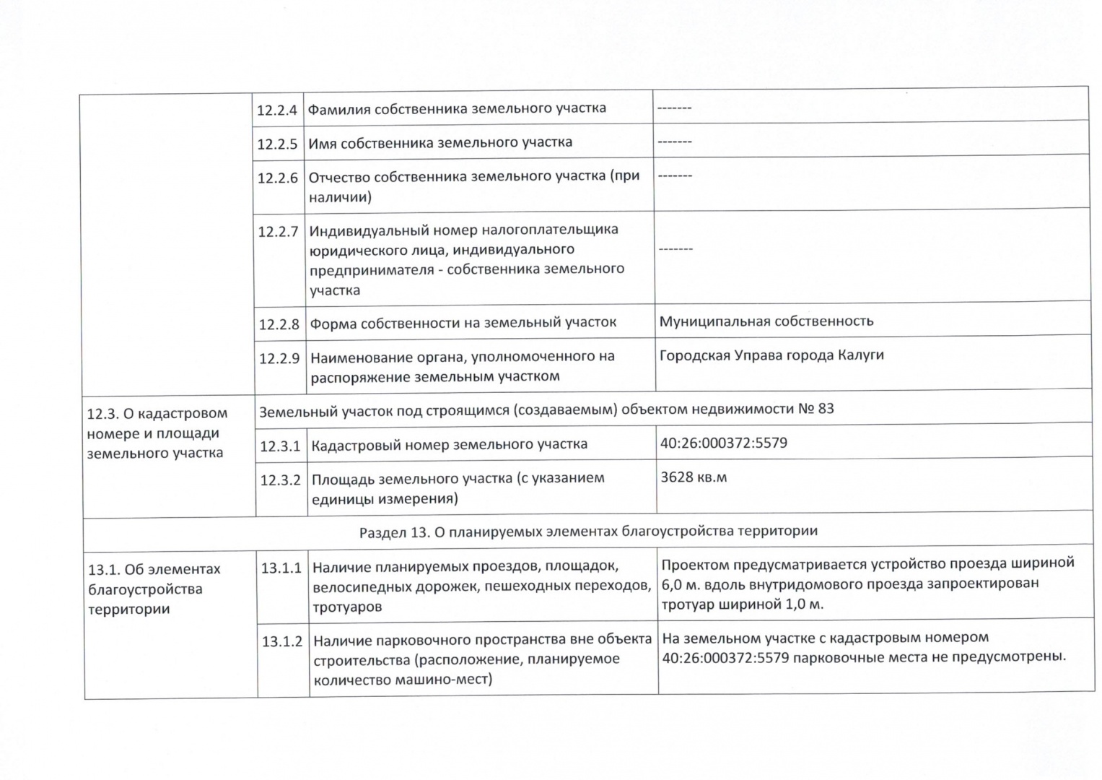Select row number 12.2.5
click(x=277, y=144)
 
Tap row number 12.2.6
click(x=278, y=178)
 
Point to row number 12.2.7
click(x=279, y=232)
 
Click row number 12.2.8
click(x=279, y=324)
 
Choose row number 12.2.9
click(x=279, y=358)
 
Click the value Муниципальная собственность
click(x=766, y=321)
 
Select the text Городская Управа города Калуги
click(x=771, y=355)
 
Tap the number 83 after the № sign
click(x=826, y=409)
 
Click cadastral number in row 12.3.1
click(x=723, y=443)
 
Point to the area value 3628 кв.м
click(x=694, y=477)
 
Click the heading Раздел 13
click(x=588, y=532)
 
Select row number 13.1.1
click(x=281, y=568)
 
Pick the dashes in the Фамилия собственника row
click(x=674, y=108)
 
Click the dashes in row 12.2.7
click(x=675, y=249)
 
